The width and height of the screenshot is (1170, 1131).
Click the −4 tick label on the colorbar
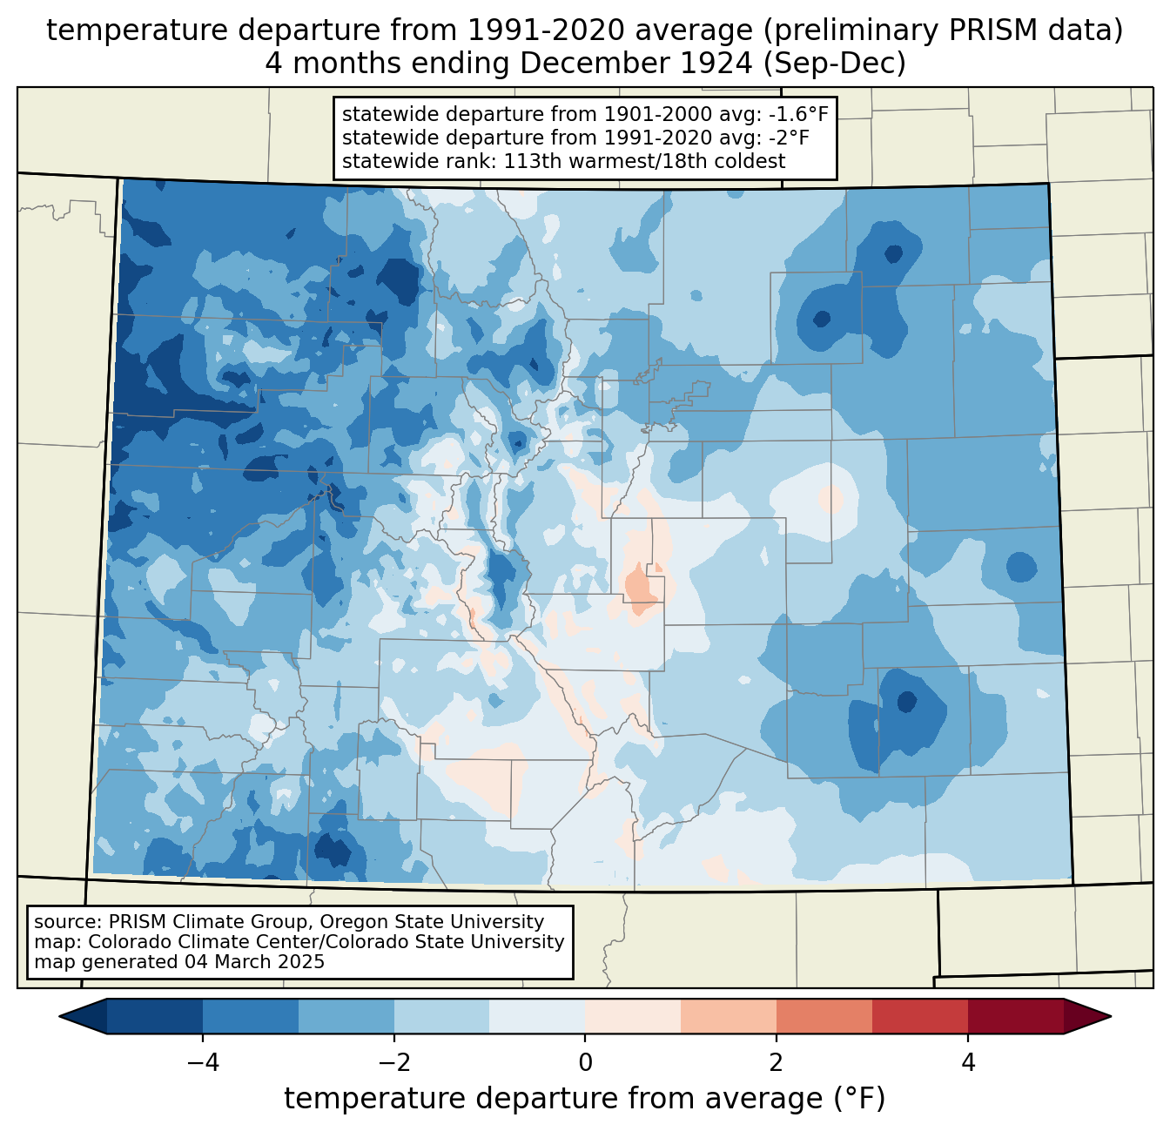point(203,1063)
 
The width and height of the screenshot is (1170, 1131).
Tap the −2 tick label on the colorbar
point(394,1063)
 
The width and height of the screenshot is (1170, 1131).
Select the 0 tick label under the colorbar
point(585,1063)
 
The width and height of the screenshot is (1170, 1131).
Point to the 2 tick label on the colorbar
point(777,1063)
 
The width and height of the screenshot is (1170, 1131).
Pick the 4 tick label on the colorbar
point(968,1063)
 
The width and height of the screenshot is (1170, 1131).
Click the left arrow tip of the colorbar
point(59,1017)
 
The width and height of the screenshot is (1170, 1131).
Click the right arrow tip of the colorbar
point(1111,1017)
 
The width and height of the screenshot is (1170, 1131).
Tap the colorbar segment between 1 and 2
point(728,1017)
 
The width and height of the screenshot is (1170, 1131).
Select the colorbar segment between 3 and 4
point(920,1017)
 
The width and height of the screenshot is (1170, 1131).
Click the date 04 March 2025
point(254,961)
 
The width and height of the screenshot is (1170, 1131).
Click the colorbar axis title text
point(584,1099)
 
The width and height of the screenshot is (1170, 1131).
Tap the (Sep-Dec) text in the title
point(834,64)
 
